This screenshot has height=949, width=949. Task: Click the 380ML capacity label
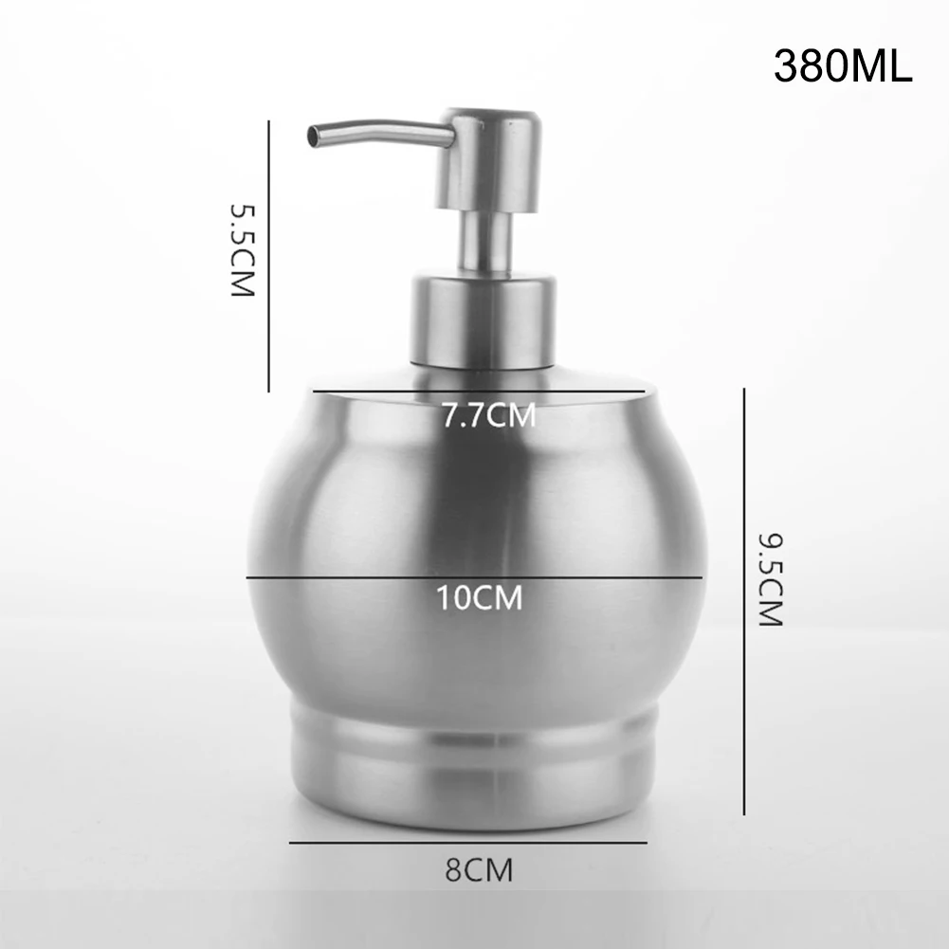tap(843, 66)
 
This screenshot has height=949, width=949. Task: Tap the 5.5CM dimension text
tap(244, 250)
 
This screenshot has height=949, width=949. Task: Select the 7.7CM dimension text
tap(489, 415)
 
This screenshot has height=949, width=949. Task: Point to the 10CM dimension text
tap(480, 597)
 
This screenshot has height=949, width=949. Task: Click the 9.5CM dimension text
tap(771, 580)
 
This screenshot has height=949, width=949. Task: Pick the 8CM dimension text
tap(479, 869)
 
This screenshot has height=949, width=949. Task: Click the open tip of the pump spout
tap(314, 136)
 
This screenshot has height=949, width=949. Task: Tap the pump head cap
tap(488, 160)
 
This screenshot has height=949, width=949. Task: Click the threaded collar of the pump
tap(483, 320)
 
